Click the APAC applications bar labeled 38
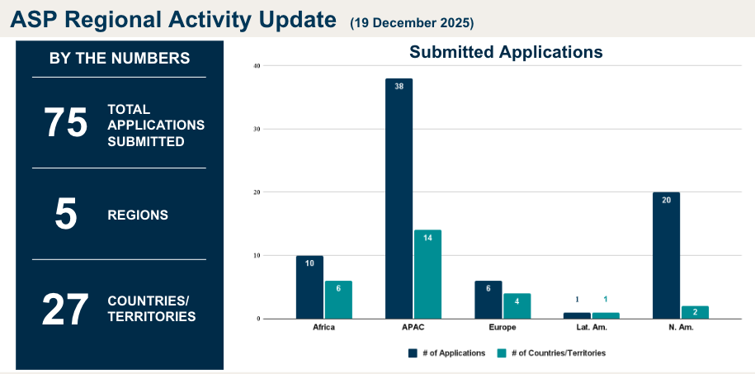click(x=399, y=198)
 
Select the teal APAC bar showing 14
click(x=427, y=273)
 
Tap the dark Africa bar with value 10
click(x=309, y=286)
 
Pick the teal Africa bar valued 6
click(x=338, y=299)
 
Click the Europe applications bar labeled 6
click(x=488, y=299)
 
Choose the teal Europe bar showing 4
click(x=517, y=305)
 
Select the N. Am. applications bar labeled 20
click(x=666, y=255)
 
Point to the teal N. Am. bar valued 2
click(x=695, y=312)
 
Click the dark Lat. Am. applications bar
click(x=577, y=315)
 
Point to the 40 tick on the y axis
click(x=257, y=66)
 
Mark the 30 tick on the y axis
click(x=257, y=129)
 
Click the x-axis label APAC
click(x=413, y=328)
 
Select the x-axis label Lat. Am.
click(x=591, y=328)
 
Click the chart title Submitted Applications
click(x=506, y=52)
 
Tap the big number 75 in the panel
click(x=66, y=124)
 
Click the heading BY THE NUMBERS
click(x=120, y=59)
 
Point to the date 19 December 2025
click(x=412, y=22)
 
